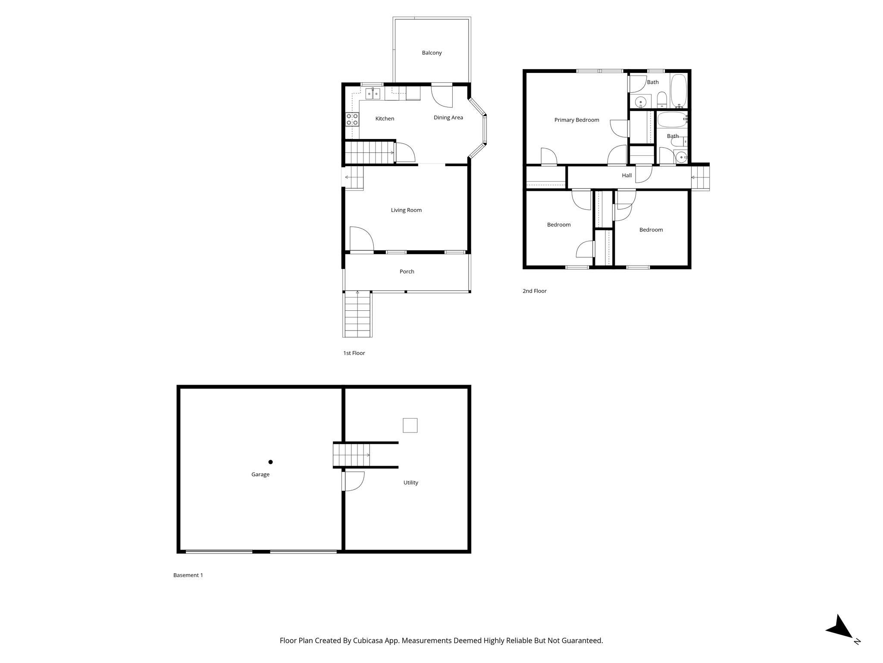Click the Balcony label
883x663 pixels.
432,53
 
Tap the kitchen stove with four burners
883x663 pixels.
352,119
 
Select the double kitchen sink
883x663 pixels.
373,93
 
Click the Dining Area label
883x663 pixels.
448,117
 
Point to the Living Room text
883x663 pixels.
406,210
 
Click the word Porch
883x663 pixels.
407,272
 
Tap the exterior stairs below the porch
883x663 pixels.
357,314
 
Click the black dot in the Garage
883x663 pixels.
271,462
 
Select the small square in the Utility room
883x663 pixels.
410,425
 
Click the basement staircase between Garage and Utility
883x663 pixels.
352,455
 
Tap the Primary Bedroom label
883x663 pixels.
576,120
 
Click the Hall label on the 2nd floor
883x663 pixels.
626,175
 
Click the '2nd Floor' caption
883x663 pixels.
534,291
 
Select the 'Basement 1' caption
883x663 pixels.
188,575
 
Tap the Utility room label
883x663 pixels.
410,483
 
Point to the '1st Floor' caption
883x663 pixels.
354,353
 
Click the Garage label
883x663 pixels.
260,474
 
